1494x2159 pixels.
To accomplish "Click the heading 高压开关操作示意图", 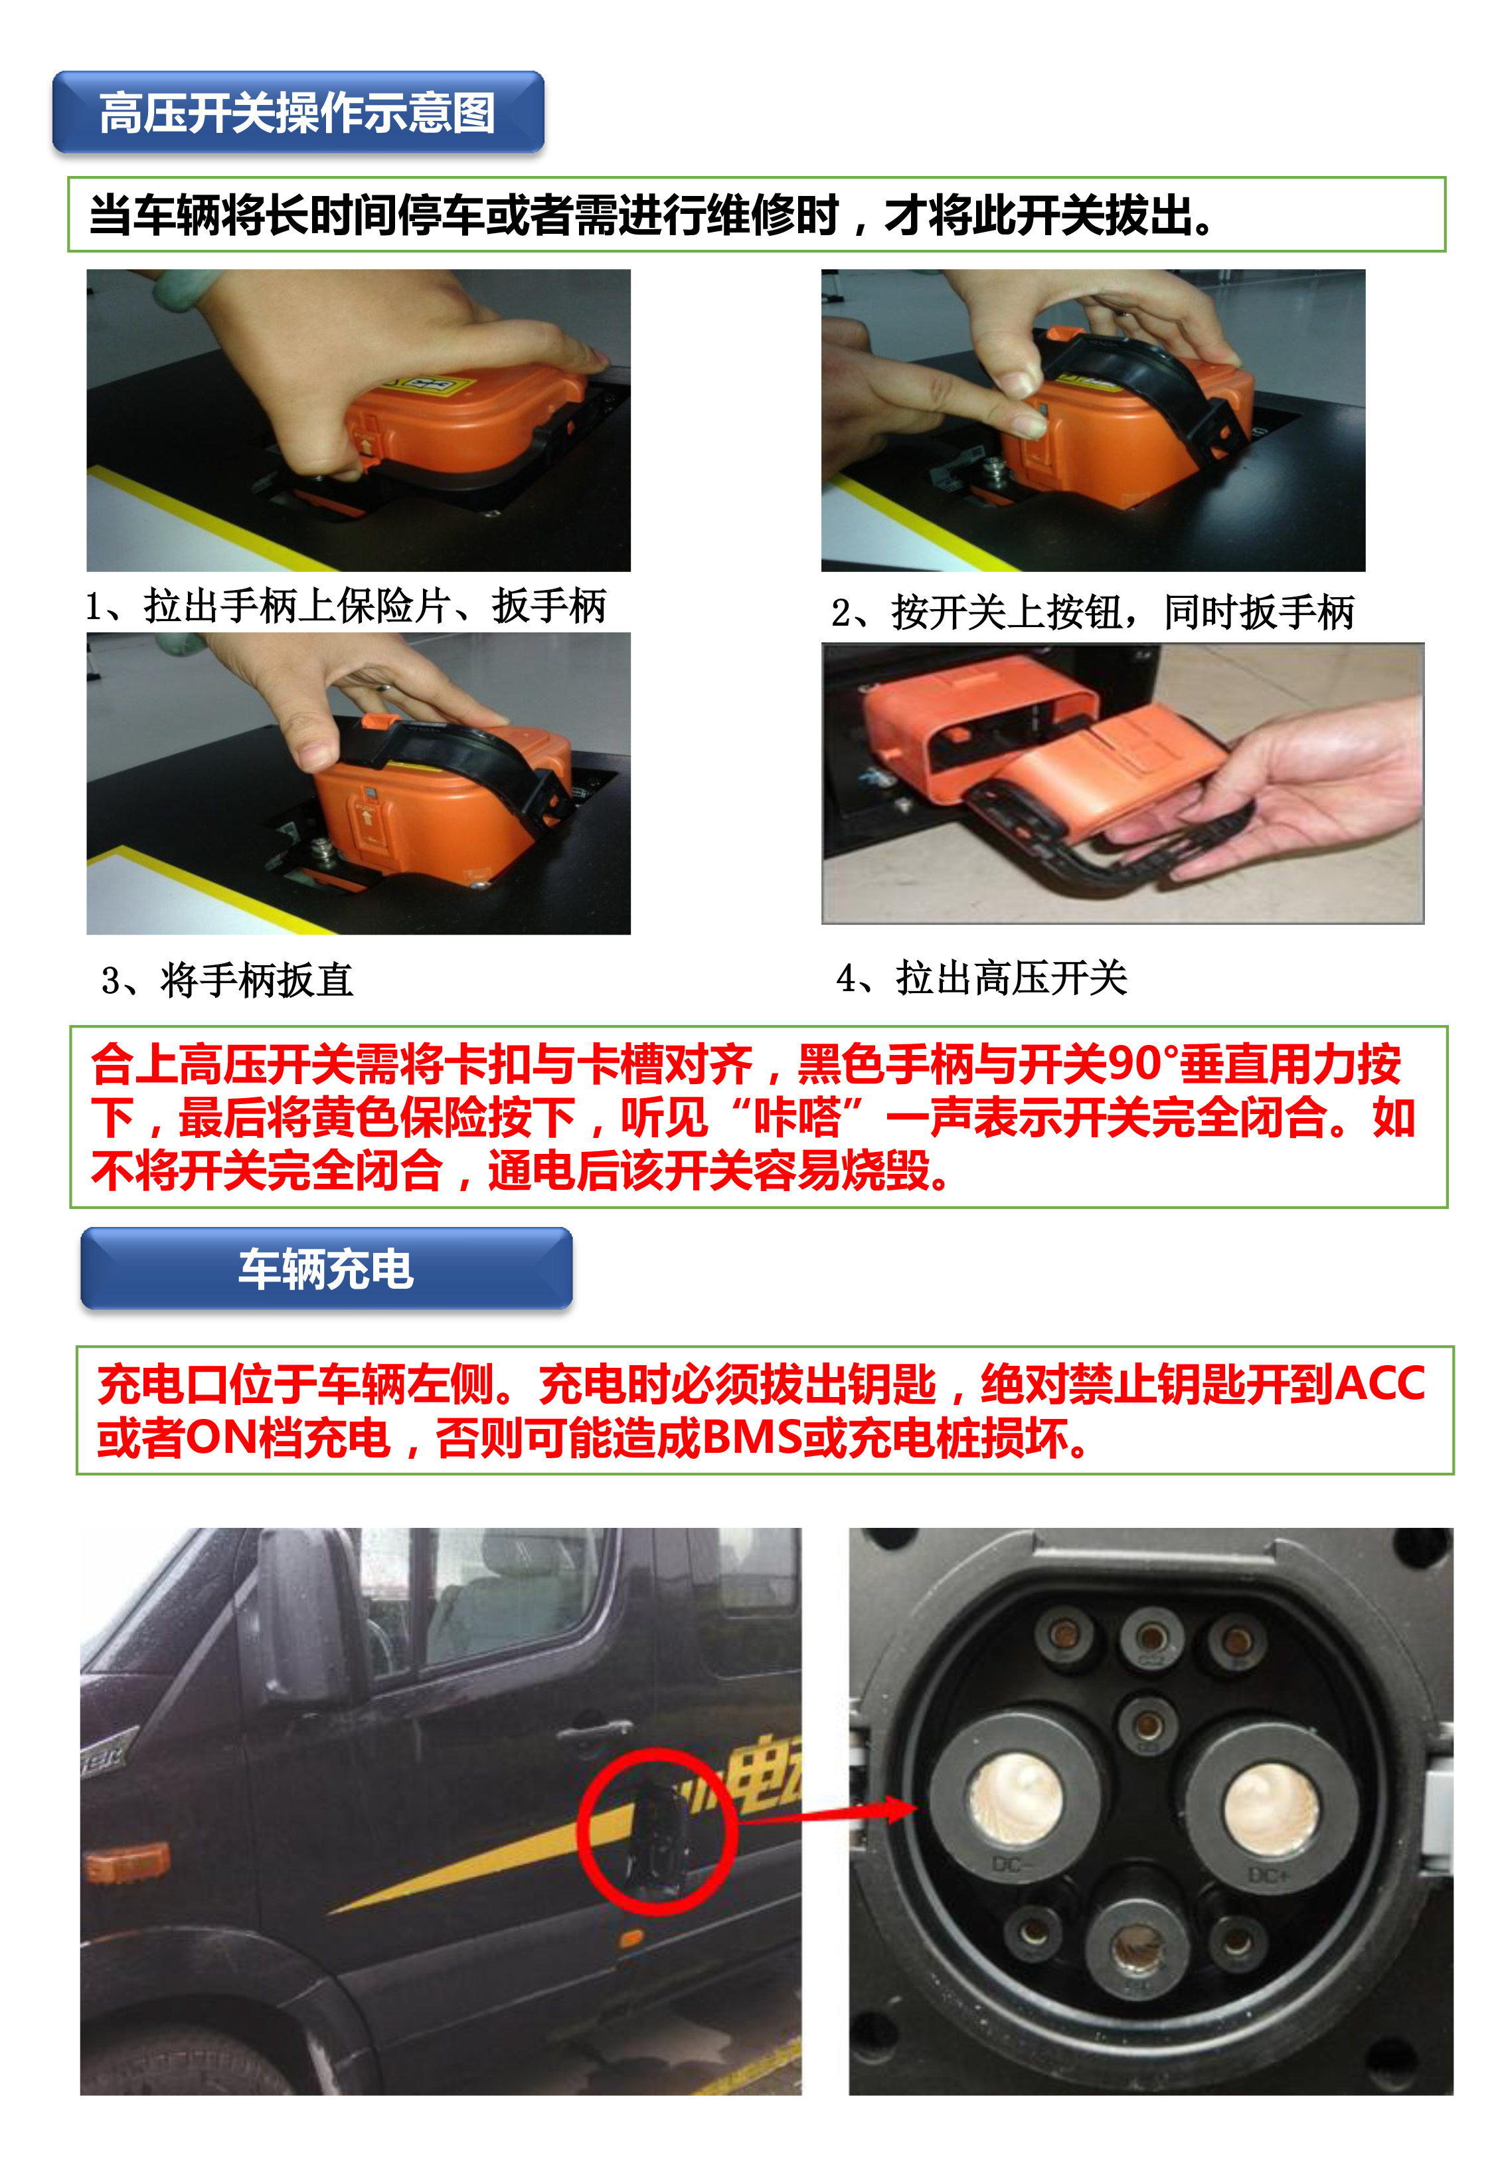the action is click(297, 114).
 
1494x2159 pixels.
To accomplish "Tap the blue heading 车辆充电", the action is click(326, 1269).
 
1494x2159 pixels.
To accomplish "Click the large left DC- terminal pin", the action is click(1016, 1796).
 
